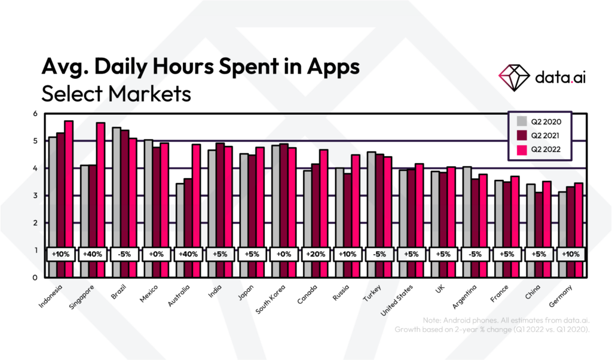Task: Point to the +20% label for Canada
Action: [316, 254]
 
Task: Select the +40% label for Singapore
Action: [93, 254]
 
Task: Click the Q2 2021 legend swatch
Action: [522, 135]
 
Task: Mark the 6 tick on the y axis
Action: [35, 114]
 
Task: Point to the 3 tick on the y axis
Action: [35, 196]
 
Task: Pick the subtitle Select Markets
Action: [116, 94]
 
